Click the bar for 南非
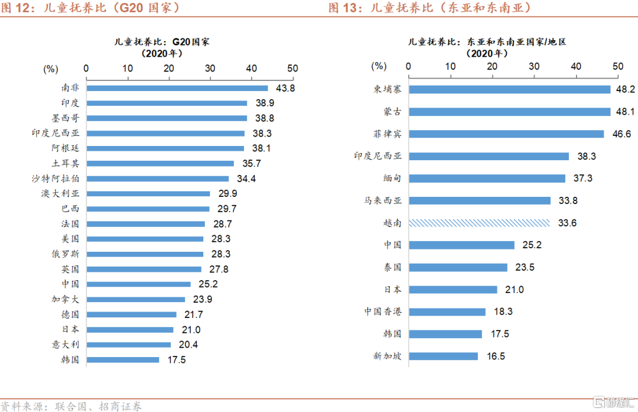177,88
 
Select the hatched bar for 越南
479,223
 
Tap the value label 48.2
625,89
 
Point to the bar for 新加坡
444,356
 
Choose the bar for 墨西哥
167,118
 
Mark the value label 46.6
621,134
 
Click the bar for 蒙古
510,112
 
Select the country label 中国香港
383,312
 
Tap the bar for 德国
131,314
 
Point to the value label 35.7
247,164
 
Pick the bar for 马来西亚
480,201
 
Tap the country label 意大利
65,345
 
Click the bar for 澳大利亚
148,193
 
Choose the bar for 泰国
458,267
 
